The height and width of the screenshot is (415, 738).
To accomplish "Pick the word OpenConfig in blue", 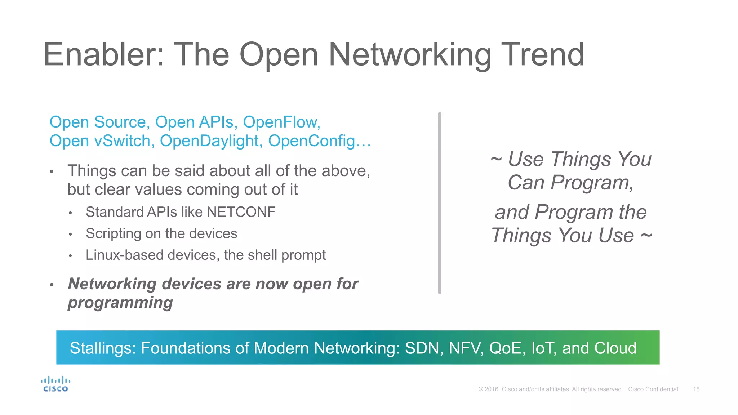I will [312, 141].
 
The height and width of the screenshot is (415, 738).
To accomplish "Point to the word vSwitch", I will [122, 141].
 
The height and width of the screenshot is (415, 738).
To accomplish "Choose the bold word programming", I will [120, 303].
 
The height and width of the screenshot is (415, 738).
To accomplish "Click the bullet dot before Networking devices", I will [52, 285].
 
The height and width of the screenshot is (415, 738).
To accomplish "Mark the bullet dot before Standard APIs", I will [71, 213].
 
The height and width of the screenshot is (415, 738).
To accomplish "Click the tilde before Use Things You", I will [496, 159].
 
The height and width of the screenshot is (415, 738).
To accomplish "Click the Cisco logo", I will [55, 384].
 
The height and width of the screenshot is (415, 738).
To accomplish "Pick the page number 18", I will [696, 389].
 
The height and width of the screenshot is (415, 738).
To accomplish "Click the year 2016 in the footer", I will [491, 389].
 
